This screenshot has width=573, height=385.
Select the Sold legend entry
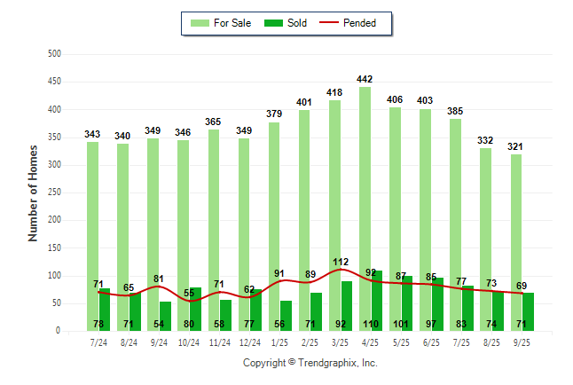[286, 23]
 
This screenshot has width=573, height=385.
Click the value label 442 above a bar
[365, 79]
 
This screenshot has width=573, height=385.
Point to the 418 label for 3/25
[334, 92]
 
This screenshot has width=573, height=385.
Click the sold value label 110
[371, 324]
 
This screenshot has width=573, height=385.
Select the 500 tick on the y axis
[54, 54]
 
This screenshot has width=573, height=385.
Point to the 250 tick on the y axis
[54, 192]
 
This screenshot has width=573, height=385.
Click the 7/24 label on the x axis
[98, 342]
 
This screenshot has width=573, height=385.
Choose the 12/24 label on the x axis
[250, 342]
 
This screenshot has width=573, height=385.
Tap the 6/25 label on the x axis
[432, 342]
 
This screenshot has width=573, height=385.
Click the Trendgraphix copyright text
[310, 363]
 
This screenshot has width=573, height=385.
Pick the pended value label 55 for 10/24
[189, 292]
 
